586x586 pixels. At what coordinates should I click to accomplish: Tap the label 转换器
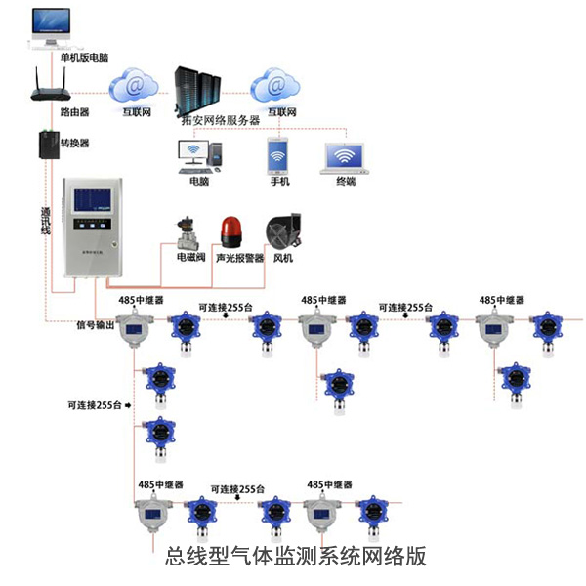click(x=75, y=142)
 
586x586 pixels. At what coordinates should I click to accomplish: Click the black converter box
click(x=49, y=146)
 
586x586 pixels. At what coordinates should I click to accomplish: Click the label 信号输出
click(x=95, y=325)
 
